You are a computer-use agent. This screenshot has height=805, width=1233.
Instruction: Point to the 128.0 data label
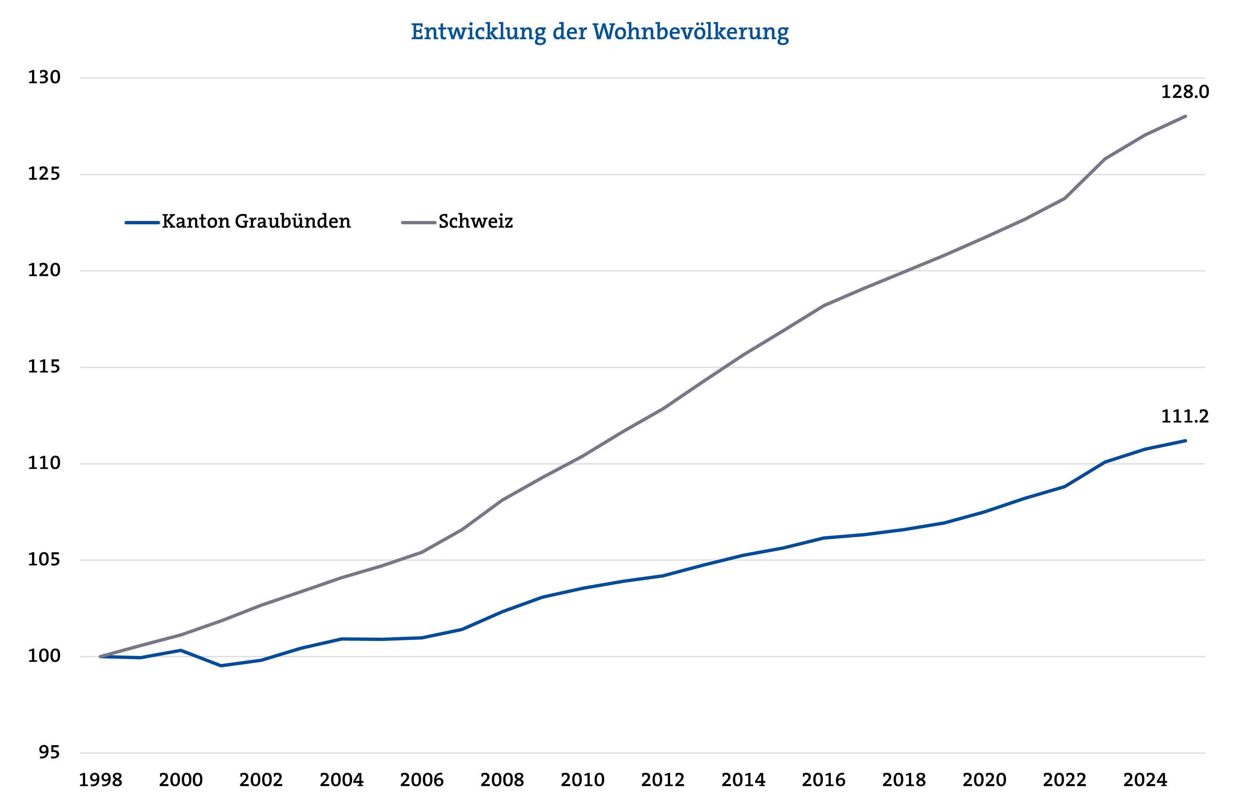click(1184, 92)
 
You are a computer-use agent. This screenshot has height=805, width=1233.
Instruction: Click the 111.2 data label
click(1184, 417)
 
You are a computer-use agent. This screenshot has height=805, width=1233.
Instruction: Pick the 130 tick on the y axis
click(44, 78)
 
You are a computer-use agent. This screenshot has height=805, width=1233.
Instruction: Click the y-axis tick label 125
click(44, 174)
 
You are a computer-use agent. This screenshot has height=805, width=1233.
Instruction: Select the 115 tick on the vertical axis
click(44, 367)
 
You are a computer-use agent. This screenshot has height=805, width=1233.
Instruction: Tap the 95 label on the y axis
click(49, 753)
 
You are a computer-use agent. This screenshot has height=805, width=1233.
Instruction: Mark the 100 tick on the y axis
click(44, 656)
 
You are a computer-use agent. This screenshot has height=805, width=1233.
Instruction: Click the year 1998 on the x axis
click(101, 780)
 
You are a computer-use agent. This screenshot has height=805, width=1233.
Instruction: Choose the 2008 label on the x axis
click(502, 780)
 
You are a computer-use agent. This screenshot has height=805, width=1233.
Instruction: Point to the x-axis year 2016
click(824, 780)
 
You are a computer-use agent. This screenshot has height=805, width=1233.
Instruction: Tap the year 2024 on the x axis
click(1145, 780)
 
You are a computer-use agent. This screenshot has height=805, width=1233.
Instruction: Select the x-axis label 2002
click(261, 780)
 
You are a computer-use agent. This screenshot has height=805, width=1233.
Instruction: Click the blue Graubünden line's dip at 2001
click(221, 666)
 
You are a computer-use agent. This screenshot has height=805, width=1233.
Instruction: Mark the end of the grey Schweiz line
click(1185, 116)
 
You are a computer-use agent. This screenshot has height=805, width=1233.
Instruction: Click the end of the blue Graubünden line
click(1185, 441)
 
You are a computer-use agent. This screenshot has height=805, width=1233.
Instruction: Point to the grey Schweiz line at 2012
click(663, 409)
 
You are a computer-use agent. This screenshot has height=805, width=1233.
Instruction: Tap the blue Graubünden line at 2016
click(824, 538)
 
